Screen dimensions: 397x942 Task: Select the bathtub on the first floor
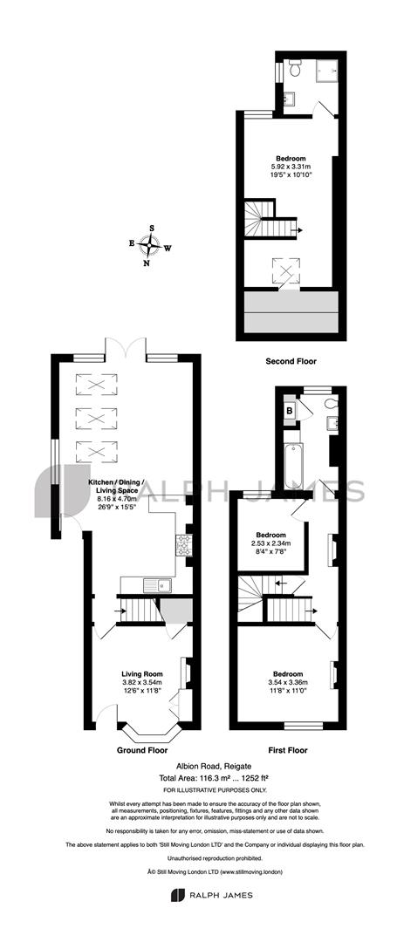click(294, 466)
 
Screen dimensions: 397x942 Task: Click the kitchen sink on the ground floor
click(157, 584)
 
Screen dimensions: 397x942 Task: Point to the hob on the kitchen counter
click(183, 544)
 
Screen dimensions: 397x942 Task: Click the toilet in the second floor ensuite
click(295, 69)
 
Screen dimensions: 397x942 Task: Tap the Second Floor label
click(291, 362)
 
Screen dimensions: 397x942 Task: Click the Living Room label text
click(141, 674)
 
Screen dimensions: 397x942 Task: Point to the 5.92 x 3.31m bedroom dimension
click(292, 167)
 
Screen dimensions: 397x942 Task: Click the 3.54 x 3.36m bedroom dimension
click(290, 682)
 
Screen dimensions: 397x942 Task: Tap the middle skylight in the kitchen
click(96, 418)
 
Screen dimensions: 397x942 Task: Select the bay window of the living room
click(149, 729)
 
